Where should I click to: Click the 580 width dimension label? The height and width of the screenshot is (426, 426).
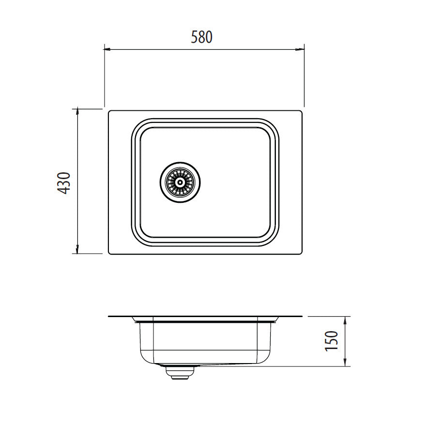pos(201,37)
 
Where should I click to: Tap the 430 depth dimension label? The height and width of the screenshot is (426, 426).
pos(65,183)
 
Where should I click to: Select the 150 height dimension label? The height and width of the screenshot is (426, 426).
pos(332,341)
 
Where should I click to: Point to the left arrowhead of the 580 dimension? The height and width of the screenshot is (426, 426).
pos(107,49)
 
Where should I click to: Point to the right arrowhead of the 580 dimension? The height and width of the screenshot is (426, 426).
pos(301,49)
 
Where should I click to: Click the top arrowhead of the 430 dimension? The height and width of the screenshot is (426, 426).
pos(77,110)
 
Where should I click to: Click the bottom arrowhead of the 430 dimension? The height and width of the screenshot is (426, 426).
pos(77,250)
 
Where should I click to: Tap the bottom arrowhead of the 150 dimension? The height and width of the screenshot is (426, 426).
pos(345,363)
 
